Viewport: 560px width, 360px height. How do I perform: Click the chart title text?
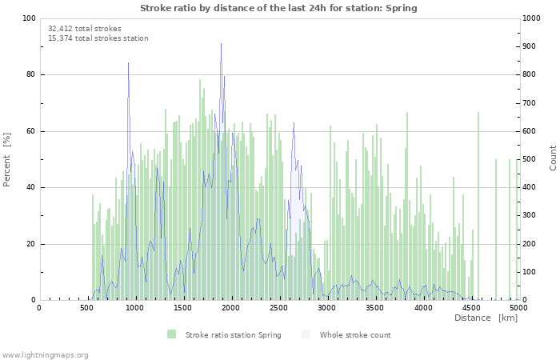[x=278, y=8]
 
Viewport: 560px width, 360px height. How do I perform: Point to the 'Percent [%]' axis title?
[x=7, y=159]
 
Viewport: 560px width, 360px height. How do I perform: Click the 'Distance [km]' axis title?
[x=486, y=318]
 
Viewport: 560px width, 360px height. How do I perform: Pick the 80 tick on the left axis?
[x=30, y=75]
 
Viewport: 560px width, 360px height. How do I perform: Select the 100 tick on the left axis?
[x=29, y=18]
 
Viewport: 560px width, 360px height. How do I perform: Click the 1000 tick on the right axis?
[x=531, y=18]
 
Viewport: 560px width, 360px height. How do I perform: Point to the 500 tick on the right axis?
[x=529, y=159]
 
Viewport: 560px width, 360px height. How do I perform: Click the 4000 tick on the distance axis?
[x=422, y=307]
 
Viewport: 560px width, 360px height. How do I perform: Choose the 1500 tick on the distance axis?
[x=182, y=307]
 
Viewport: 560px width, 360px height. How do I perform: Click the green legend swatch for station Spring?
[x=171, y=334]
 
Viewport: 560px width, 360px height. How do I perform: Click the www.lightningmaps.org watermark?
[x=45, y=355]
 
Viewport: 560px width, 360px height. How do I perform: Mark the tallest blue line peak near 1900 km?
[x=221, y=44]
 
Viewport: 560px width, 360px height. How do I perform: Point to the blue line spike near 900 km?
[x=128, y=63]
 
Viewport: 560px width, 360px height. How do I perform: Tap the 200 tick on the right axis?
[x=529, y=244]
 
